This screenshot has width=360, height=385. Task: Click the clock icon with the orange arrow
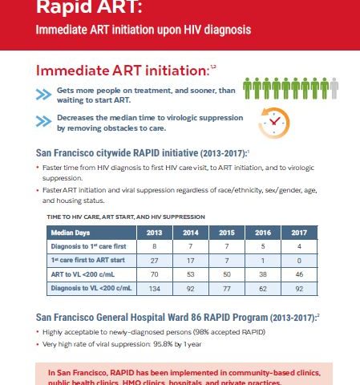click(273, 120)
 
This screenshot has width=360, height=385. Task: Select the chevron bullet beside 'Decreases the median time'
click(42, 122)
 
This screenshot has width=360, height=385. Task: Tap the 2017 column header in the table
click(298, 233)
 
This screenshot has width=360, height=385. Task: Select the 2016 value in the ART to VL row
click(262, 273)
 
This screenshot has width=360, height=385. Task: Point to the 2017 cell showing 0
click(298, 260)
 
